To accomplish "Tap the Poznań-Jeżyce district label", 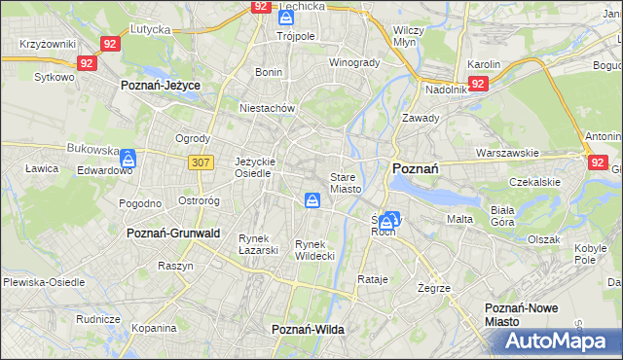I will pos(161,86).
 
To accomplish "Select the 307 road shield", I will pos(202,162).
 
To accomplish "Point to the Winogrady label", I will pos(353,63).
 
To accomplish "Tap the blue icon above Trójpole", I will pos(285,18).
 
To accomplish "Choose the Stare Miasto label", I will pos(346,183).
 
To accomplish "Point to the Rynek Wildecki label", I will pos(314,250).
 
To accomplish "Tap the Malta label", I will pos(459,220).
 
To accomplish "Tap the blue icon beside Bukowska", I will pos(128,157).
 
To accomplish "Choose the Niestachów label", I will pos(267,109).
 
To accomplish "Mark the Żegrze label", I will pos(432,288).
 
